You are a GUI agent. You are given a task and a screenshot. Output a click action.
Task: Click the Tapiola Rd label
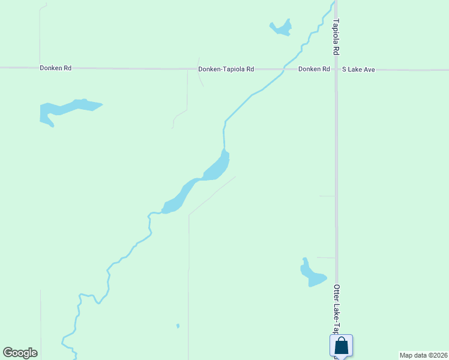[336, 37]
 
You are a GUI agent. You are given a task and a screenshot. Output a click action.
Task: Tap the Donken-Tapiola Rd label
[226, 70]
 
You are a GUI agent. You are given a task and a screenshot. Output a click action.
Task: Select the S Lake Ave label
[358, 70]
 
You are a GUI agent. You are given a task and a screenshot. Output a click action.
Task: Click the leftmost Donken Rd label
[56, 68]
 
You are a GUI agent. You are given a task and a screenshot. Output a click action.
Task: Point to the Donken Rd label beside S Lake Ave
[314, 69]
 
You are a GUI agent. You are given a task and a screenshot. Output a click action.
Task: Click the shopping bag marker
[341, 346]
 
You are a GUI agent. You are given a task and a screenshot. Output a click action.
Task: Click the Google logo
[20, 353]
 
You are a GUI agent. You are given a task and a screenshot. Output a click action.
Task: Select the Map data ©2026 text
[423, 355]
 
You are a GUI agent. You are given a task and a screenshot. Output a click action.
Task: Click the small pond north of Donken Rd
[281, 28]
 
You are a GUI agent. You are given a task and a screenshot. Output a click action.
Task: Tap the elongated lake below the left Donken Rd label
[66, 109]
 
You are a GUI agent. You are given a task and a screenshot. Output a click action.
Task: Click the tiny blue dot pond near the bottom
[178, 326]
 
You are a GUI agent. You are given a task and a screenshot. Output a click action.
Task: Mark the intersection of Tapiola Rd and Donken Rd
[336, 70]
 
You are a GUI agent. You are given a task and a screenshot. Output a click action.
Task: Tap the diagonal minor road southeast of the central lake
[211, 196]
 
